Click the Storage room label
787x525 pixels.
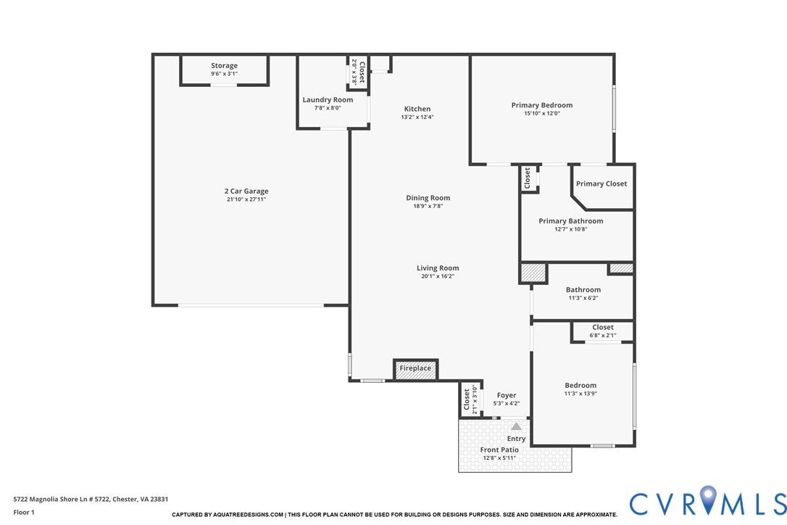(224, 65)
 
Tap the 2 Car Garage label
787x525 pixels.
(246, 191)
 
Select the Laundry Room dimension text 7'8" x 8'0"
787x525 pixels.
(328, 108)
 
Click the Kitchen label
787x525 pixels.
(417, 109)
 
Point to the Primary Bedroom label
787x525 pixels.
(542, 105)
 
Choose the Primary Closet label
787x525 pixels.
(601, 184)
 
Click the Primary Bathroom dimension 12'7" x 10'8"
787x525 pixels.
(570, 229)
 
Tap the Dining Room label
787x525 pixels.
(428, 198)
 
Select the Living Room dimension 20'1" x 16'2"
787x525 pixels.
(438, 276)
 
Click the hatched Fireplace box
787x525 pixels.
(415, 370)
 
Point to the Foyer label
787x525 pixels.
(507, 395)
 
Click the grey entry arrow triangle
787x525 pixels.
(516, 426)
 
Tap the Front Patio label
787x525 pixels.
(499, 450)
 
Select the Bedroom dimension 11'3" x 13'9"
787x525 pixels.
(580, 393)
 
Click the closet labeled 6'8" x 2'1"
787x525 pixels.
(603, 331)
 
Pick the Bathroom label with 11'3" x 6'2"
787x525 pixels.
(583, 290)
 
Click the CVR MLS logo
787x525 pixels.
(708, 502)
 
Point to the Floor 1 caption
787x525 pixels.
(24, 513)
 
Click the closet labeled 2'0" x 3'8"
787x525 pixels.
(359, 73)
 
